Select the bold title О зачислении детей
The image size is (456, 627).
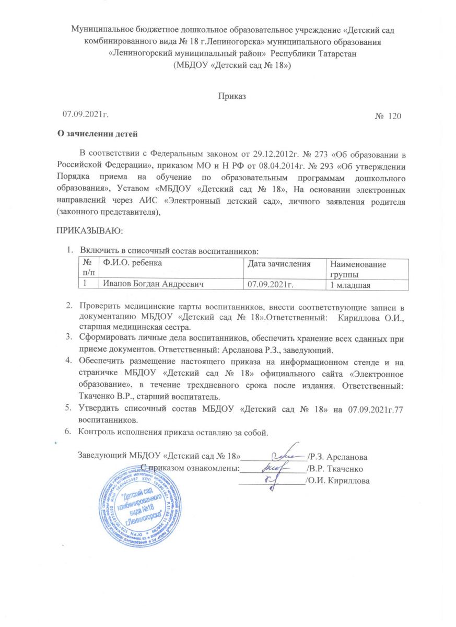(x=97, y=134)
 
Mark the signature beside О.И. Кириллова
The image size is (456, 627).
(x=273, y=480)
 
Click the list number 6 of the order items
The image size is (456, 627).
(x=67, y=432)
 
